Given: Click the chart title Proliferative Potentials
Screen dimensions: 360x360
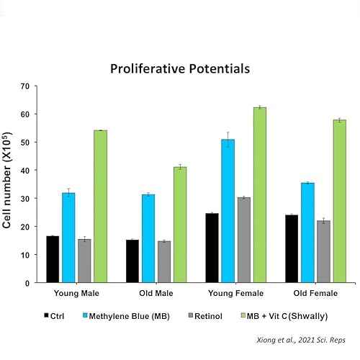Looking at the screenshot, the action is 180,69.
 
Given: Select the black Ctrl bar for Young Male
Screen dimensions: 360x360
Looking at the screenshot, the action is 53,259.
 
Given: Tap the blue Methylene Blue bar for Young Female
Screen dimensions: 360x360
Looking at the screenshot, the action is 228,211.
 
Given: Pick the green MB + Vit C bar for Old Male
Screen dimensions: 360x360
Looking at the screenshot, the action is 180,225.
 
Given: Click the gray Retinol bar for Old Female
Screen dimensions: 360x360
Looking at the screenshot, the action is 323,251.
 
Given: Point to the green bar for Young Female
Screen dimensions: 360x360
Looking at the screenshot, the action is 260,195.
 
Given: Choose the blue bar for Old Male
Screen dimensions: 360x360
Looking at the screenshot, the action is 148,238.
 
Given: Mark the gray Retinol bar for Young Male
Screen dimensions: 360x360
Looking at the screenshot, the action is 84,261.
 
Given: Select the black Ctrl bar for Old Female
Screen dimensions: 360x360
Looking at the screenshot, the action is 292,248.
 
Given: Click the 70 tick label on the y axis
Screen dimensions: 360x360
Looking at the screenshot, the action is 24,86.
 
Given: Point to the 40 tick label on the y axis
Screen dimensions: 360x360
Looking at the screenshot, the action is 24,171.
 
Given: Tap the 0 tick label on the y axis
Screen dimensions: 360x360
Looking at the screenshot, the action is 27,283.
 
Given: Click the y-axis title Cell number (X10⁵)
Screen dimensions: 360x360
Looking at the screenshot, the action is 6,180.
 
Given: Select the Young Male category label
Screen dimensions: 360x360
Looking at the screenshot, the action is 76,293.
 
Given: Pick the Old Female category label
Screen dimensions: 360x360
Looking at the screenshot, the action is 315,293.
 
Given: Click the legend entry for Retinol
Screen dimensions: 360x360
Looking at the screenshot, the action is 205,316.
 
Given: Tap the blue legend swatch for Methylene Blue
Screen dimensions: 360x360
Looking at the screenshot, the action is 85,315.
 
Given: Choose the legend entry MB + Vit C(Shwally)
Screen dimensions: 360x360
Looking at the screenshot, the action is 284,316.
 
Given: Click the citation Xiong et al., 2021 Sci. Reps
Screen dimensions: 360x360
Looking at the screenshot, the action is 301,340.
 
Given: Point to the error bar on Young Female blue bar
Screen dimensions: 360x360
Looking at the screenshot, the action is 228,139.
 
